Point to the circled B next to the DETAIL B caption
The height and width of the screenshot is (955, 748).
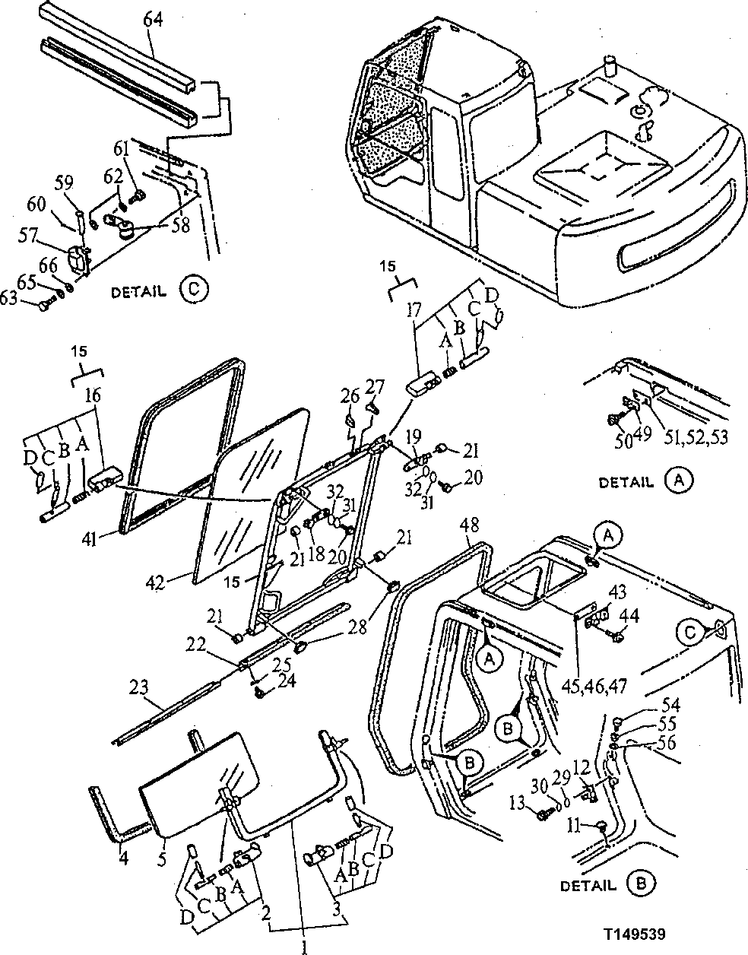tap(642, 884)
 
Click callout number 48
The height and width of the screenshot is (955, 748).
tap(470, 525)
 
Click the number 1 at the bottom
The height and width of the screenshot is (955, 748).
tap(304, 946)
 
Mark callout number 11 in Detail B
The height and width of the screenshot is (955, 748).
tap(573, 823)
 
